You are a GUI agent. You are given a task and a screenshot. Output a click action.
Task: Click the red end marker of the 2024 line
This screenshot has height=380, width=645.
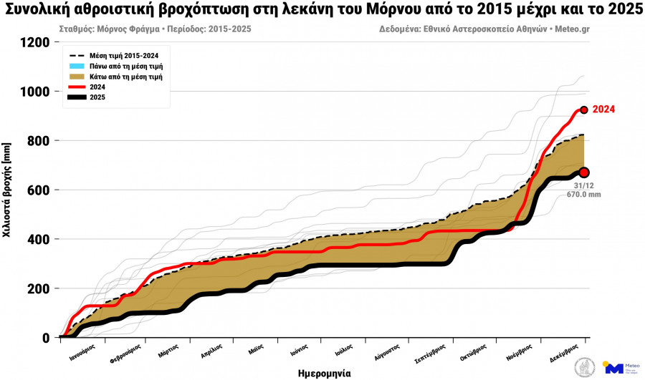click(584, 110)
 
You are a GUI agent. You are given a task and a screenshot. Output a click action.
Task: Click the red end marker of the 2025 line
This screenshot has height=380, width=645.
click(584, 172)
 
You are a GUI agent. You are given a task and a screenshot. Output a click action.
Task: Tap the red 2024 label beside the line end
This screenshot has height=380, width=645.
click(603, 109)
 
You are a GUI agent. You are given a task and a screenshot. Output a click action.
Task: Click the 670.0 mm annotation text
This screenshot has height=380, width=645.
click(583, 194)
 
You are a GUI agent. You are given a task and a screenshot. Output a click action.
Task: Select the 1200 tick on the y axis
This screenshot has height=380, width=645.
click(36, 42)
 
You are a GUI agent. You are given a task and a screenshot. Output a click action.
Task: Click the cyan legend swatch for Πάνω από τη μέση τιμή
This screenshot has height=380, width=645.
click(77, 66)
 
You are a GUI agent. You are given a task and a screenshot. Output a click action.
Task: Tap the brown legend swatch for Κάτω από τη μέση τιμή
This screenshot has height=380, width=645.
click(77, 77)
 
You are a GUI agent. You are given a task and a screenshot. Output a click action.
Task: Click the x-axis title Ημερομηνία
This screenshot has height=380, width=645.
click(324, 373)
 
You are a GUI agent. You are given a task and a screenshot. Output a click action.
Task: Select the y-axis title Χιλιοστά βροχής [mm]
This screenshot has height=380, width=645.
click(7, 190)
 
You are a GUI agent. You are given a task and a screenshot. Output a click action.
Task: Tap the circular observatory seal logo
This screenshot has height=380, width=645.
click(586, 368)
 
